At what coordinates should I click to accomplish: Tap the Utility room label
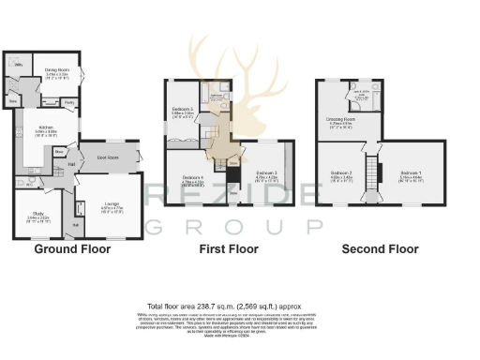pyautogui.click(x=19, y=65)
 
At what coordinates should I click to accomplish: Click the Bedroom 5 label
pyautogui.click(x=182, y=110)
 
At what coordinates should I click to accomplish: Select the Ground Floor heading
pyautogui.click(x=72, y=249)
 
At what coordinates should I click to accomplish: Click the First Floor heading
pyautogui.click(x=229, y=249)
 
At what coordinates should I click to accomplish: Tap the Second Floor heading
pyautogui.click(x=379, y=249)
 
